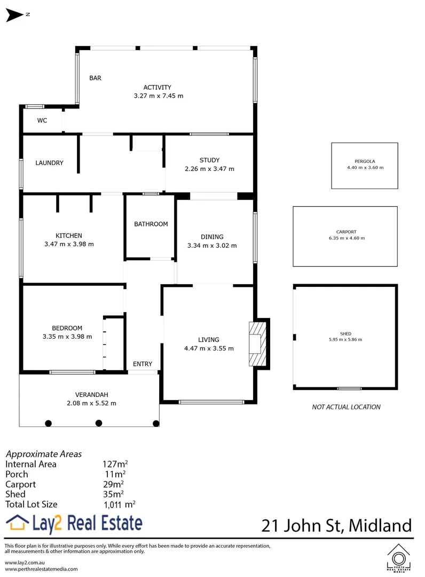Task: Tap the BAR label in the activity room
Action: click(x=95, y=78)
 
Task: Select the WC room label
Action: click(x=42, y=121)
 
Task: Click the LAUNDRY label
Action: click(x=50, y=163)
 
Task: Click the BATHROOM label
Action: click(x=151, y=224)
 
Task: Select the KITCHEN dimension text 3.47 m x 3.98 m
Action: click(x=69, y=244)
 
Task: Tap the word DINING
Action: click(x=212, y=237)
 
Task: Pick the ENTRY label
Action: click(x=143, y=364)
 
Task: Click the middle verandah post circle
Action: click(x=99, y=423)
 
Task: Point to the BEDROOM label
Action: click(x=67, y=328)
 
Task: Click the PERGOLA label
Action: click(x=365, y=161)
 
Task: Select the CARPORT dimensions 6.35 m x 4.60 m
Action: click(x=347, y=238)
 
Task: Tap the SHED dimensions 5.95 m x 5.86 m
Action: click(x=345, y=339)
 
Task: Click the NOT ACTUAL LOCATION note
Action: click(x=346, y=407)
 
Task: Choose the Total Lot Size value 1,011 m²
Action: click(x=119, y=504)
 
